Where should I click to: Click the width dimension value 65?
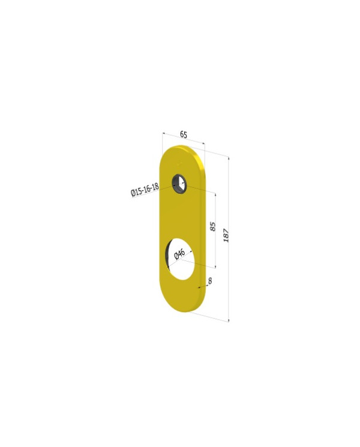click(183, 135)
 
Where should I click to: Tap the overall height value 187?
click(226, 235)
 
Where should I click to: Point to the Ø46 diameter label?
click(179, 254)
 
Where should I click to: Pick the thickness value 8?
click(210, 280)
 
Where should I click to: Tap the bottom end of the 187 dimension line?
click(229, 321)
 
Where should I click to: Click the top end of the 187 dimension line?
click(229, 157)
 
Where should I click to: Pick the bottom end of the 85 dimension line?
click(215, 267)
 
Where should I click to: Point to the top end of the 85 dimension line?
click(215, 193)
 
